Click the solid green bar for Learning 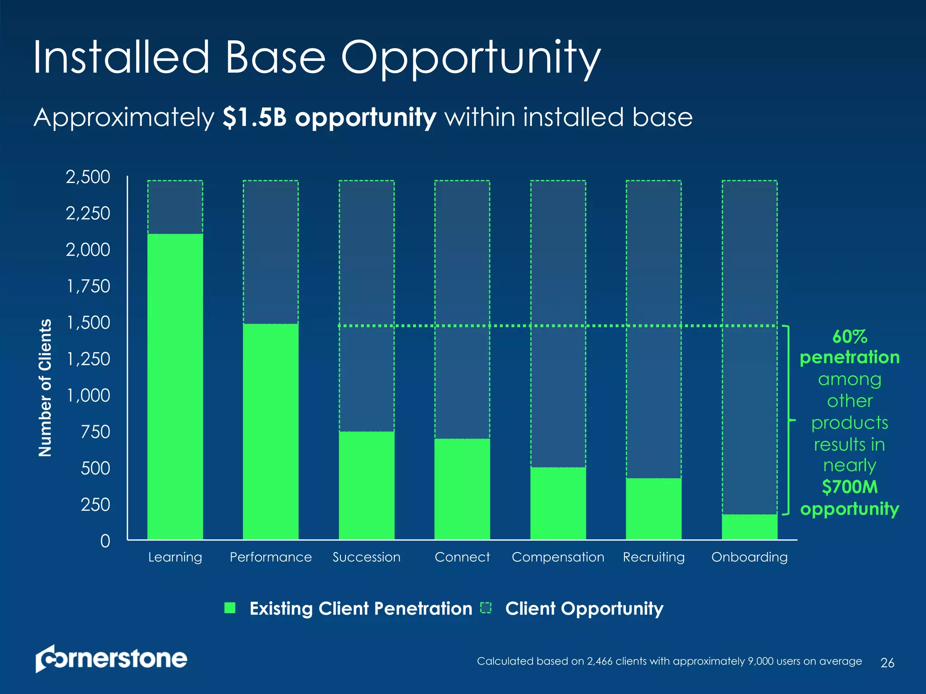click(175, 386)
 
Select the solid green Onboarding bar click(749, 527)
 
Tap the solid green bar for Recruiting click(653, 509)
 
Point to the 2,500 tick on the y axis click(88, 177)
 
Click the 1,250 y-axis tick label click(88, 359)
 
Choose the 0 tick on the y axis click(105, 541)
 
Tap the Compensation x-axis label click(557, 557)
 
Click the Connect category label click(462, 557)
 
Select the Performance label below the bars click(270, 557)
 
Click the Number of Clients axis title click(45, 388)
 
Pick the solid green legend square click(230, 608)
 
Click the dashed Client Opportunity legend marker click(486, 608)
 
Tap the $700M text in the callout click(849, 487)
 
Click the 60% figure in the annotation click(849, 337)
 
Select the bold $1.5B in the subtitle click(255, 117)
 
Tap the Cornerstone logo click(111, 659)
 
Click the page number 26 click(887, 663)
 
